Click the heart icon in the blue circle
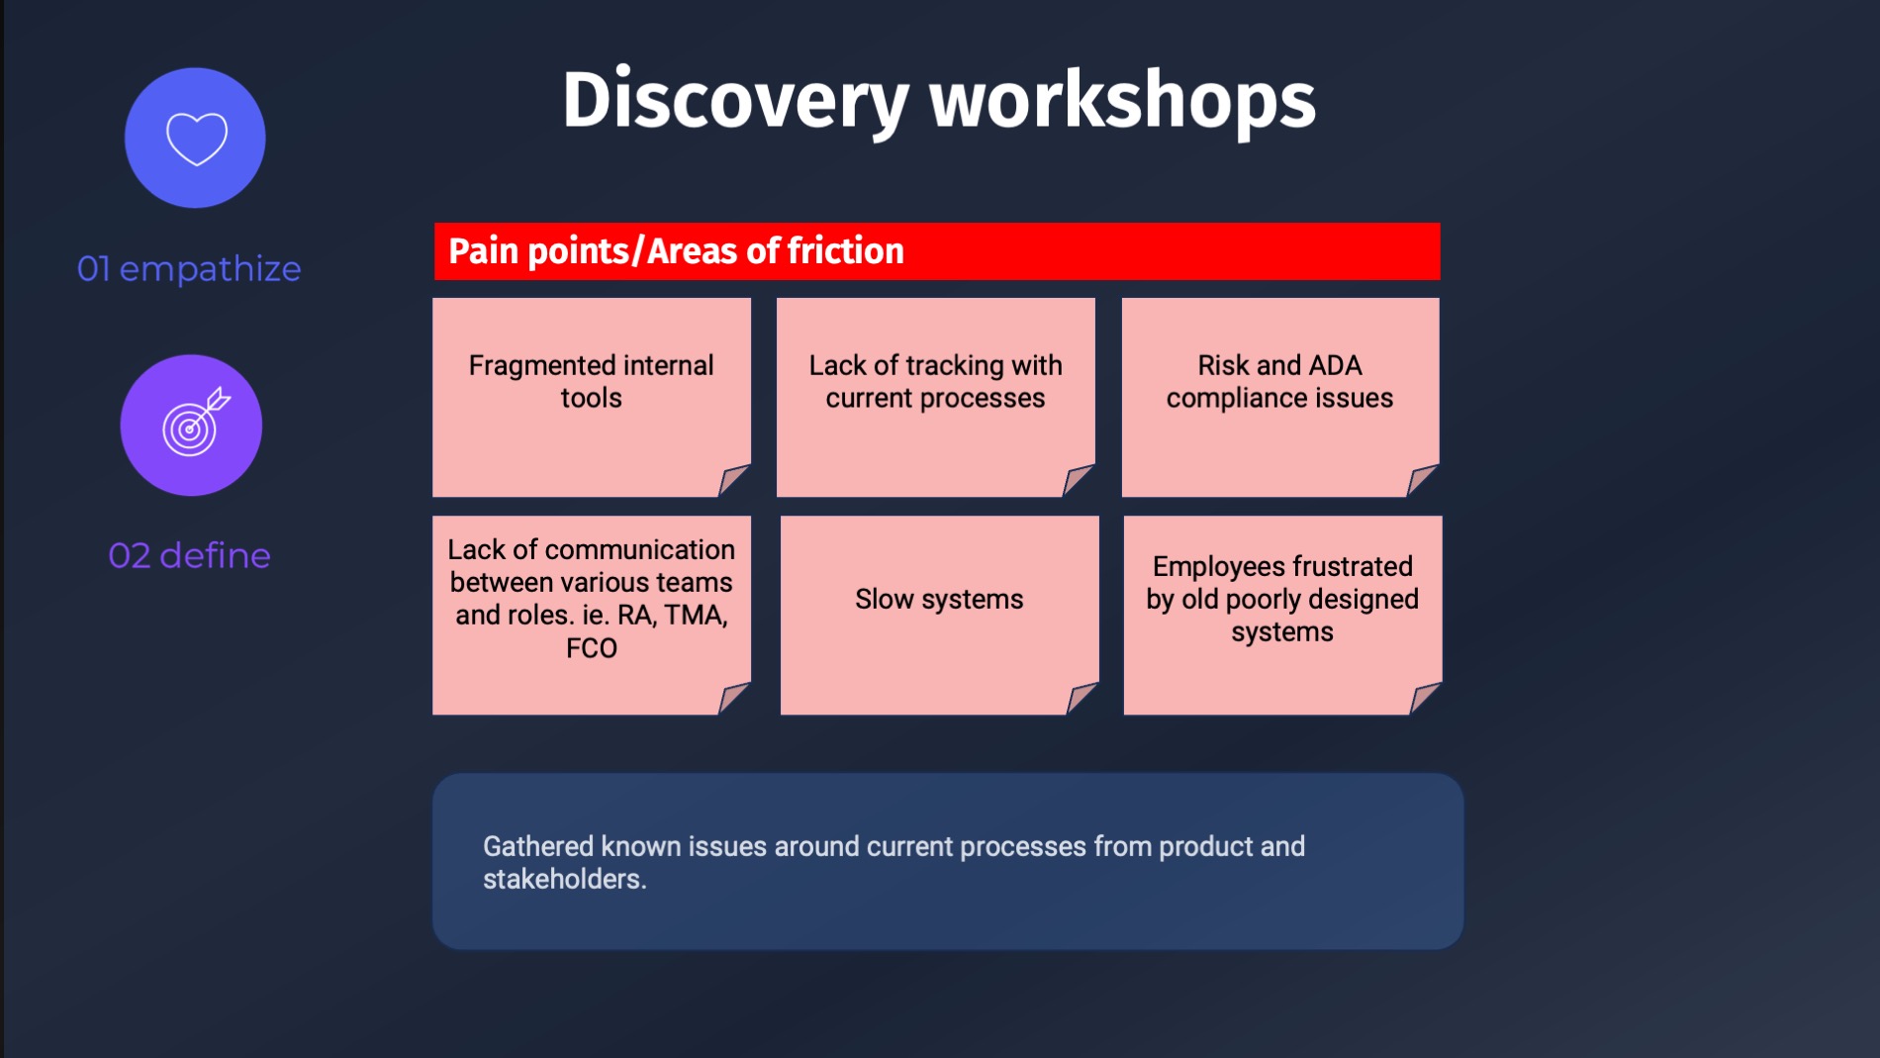[197, 139]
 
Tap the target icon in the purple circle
[195, 423]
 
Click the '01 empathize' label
[189, 269]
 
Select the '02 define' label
[189, 556]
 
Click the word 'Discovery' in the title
[735, 101]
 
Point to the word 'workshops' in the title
[1122, 100]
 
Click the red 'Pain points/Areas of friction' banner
[937, 251]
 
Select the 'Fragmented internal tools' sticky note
[592, 397]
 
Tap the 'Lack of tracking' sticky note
[936, 397]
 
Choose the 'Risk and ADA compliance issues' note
[1280, 397]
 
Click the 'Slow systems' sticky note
[940, 615]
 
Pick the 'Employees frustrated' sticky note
[1283, 615]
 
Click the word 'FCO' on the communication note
[592, 648]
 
